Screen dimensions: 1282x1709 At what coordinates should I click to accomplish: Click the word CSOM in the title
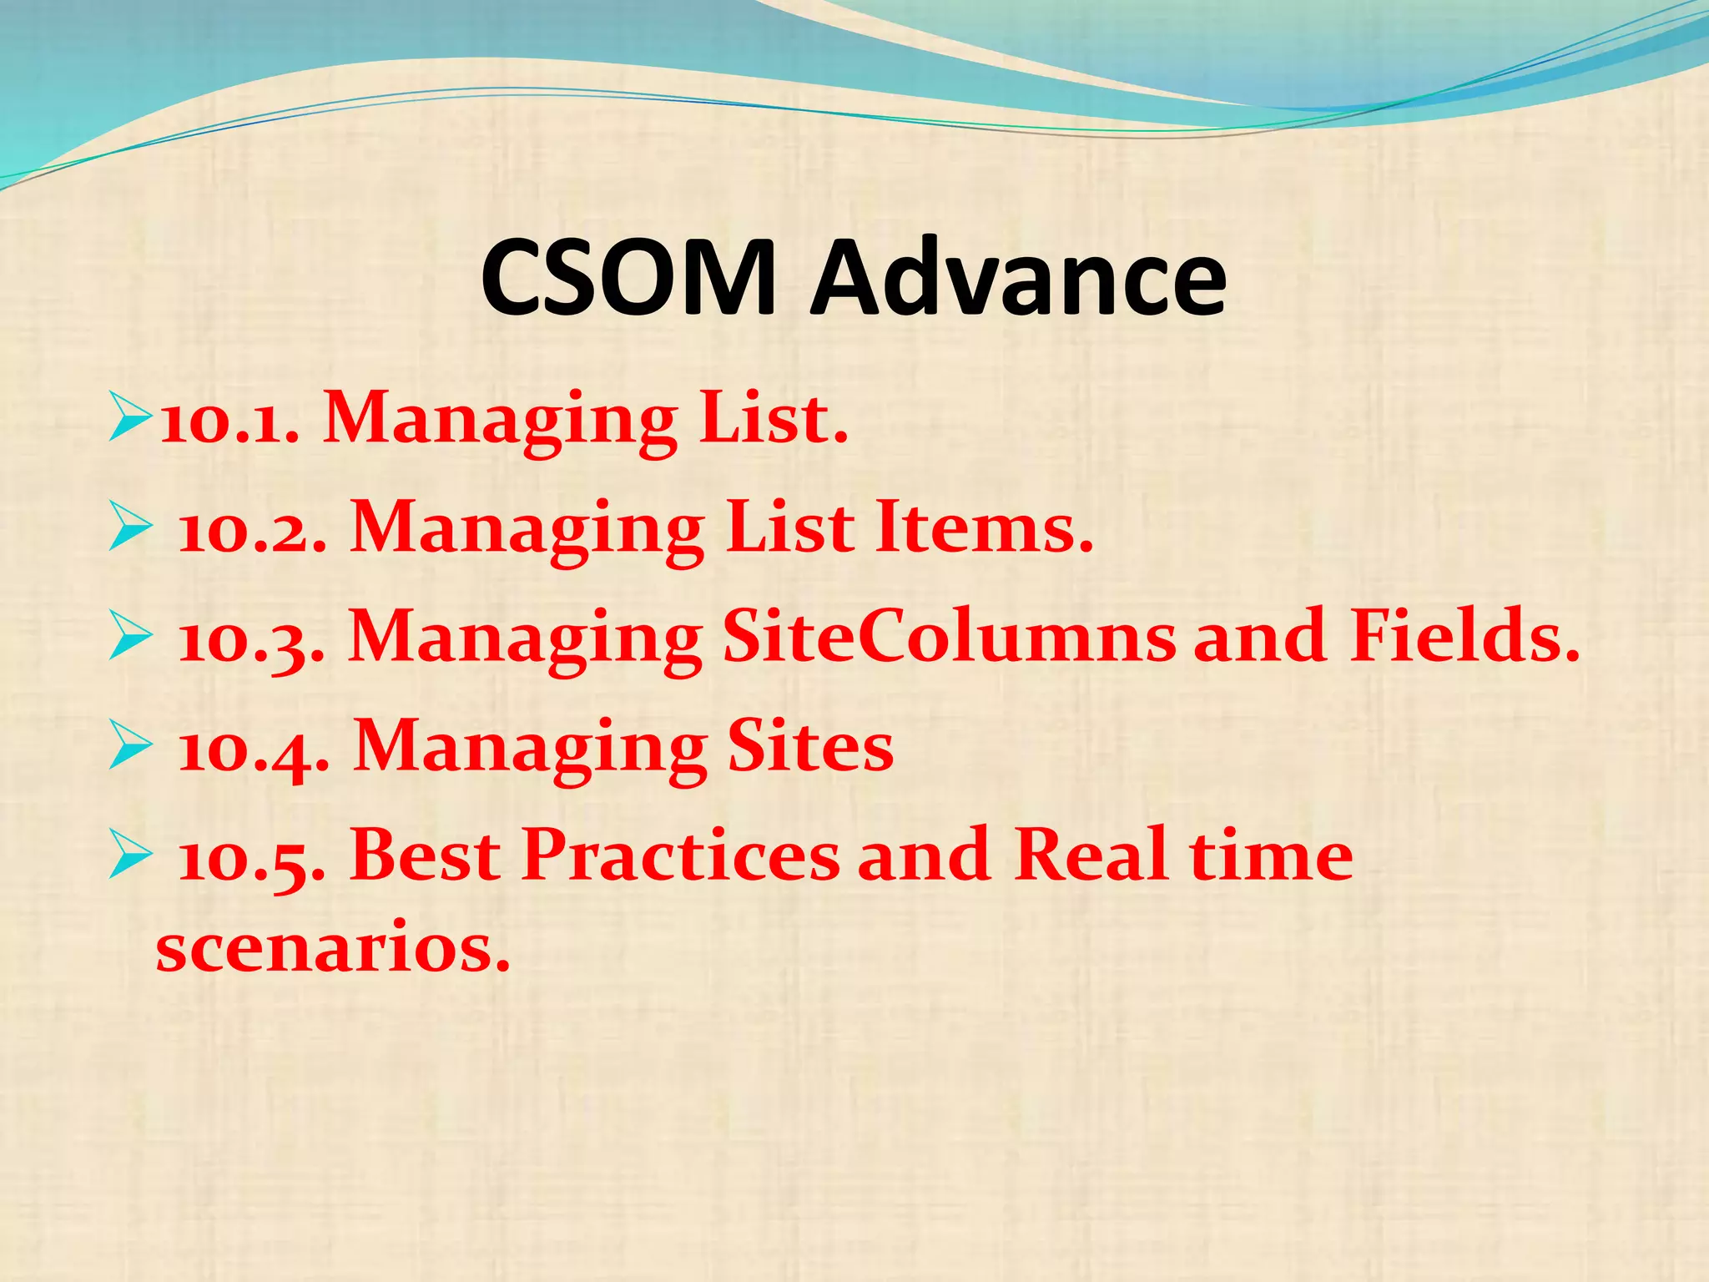(628, 277)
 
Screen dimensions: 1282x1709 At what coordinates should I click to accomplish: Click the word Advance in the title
(1019, 277)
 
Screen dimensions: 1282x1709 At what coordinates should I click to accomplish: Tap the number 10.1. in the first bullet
(229, 421)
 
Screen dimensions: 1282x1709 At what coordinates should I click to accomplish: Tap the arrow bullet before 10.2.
(130, 531)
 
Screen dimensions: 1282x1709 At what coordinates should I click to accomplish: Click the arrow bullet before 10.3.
(130, 640)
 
